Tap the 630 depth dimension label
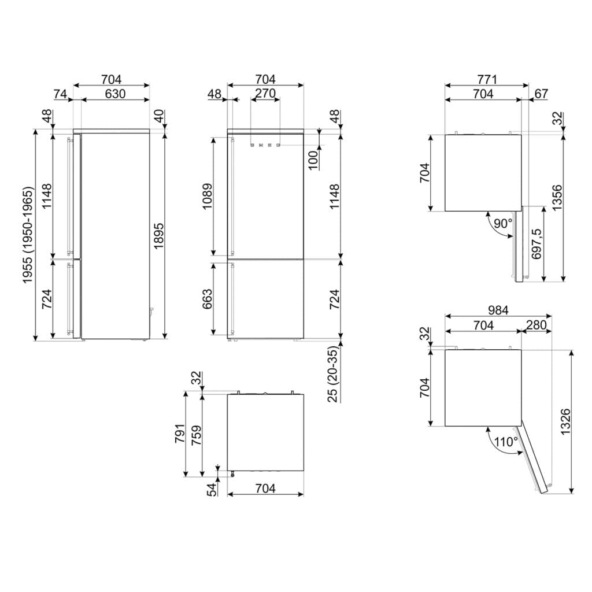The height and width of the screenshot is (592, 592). point(115,93)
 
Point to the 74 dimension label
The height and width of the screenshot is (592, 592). point(60,93)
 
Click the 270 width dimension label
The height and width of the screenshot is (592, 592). point(265,93)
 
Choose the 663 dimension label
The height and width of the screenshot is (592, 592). point(208,299)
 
